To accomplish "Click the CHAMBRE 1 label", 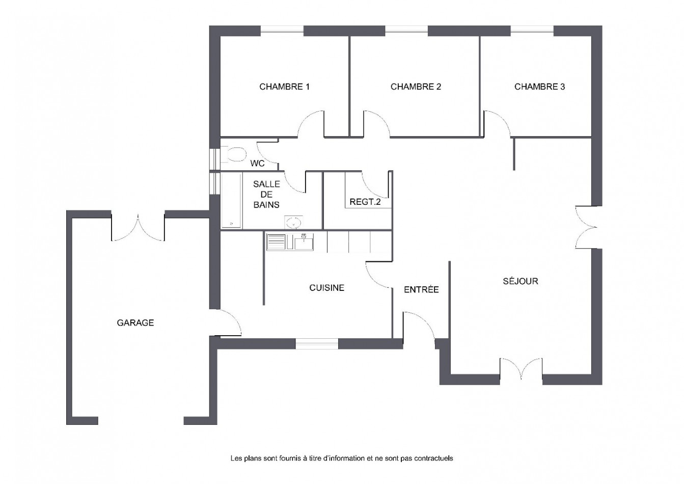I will click(x=284, y=87).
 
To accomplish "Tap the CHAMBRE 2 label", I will click(x=416, y=87).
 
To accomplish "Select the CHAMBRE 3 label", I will click(x=539, y=87).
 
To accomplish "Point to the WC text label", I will click(x=257, y=164).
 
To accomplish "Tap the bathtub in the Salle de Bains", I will click(x=232, y=201).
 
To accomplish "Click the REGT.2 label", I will click(x=365, y=202).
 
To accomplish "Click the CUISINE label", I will click(x=326, y=288).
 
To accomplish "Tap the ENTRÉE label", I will click(x=421, y=290).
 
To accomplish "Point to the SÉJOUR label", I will click(x=520, y=281).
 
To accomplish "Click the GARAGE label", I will click(x=135, y=322).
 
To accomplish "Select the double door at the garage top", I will click(x=138, y=228).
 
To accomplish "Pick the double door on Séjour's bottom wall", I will click(x=521, y=369).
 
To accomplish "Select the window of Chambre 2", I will click(x=406, y=31).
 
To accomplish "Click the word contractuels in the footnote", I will click(x=434, y=459).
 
